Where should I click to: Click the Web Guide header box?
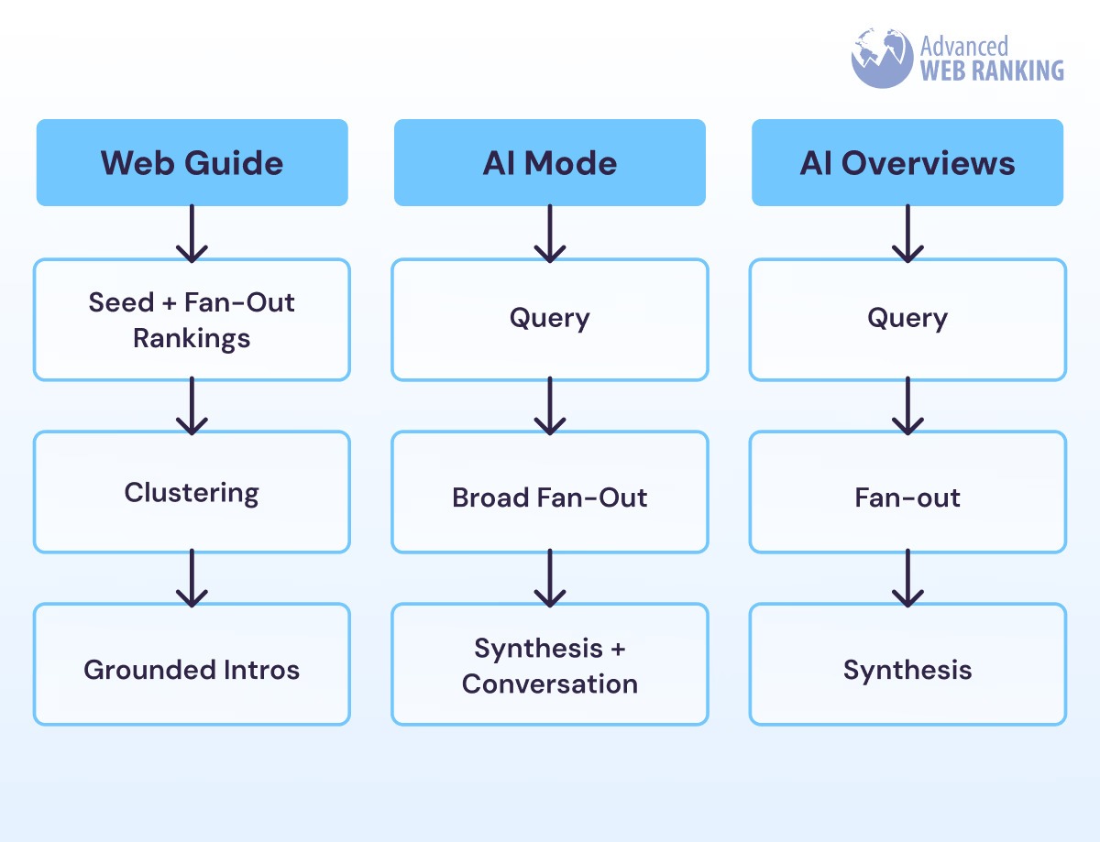point(192,162)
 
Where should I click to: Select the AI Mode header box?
point(549,162)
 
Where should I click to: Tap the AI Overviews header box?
point(907,162)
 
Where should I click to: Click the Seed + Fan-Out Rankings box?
point(192,320)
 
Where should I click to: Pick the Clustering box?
point(192,492)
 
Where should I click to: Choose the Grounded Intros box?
point(192,669)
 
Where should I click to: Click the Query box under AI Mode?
point(549,319)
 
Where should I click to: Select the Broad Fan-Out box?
point(549,498)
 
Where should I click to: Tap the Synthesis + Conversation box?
point(549,665)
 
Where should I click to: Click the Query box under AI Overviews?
point(907,319)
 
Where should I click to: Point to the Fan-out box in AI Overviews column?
point(907,498)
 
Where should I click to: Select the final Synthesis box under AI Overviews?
point(907,669)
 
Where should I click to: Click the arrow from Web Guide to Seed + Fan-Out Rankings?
point(192,233)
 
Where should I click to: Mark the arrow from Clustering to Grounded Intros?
point(192,578)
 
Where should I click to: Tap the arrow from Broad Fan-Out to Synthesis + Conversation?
point(549,578)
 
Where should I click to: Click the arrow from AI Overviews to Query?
point(907,233)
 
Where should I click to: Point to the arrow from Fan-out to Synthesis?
point(907,578)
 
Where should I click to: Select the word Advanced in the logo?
point(963,45)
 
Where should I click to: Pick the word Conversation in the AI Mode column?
point(549,683)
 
